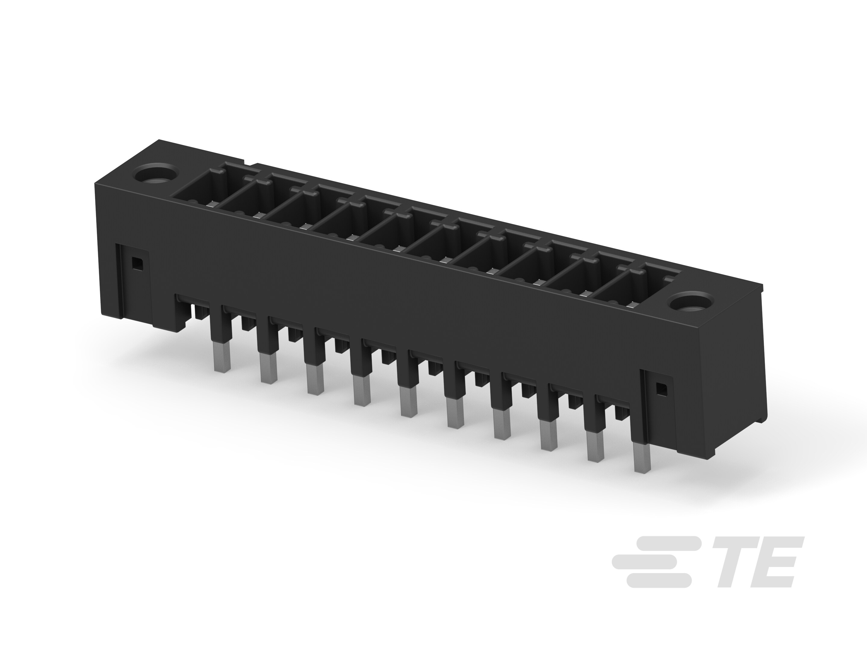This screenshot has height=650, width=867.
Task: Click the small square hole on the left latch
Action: coord(137,263)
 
